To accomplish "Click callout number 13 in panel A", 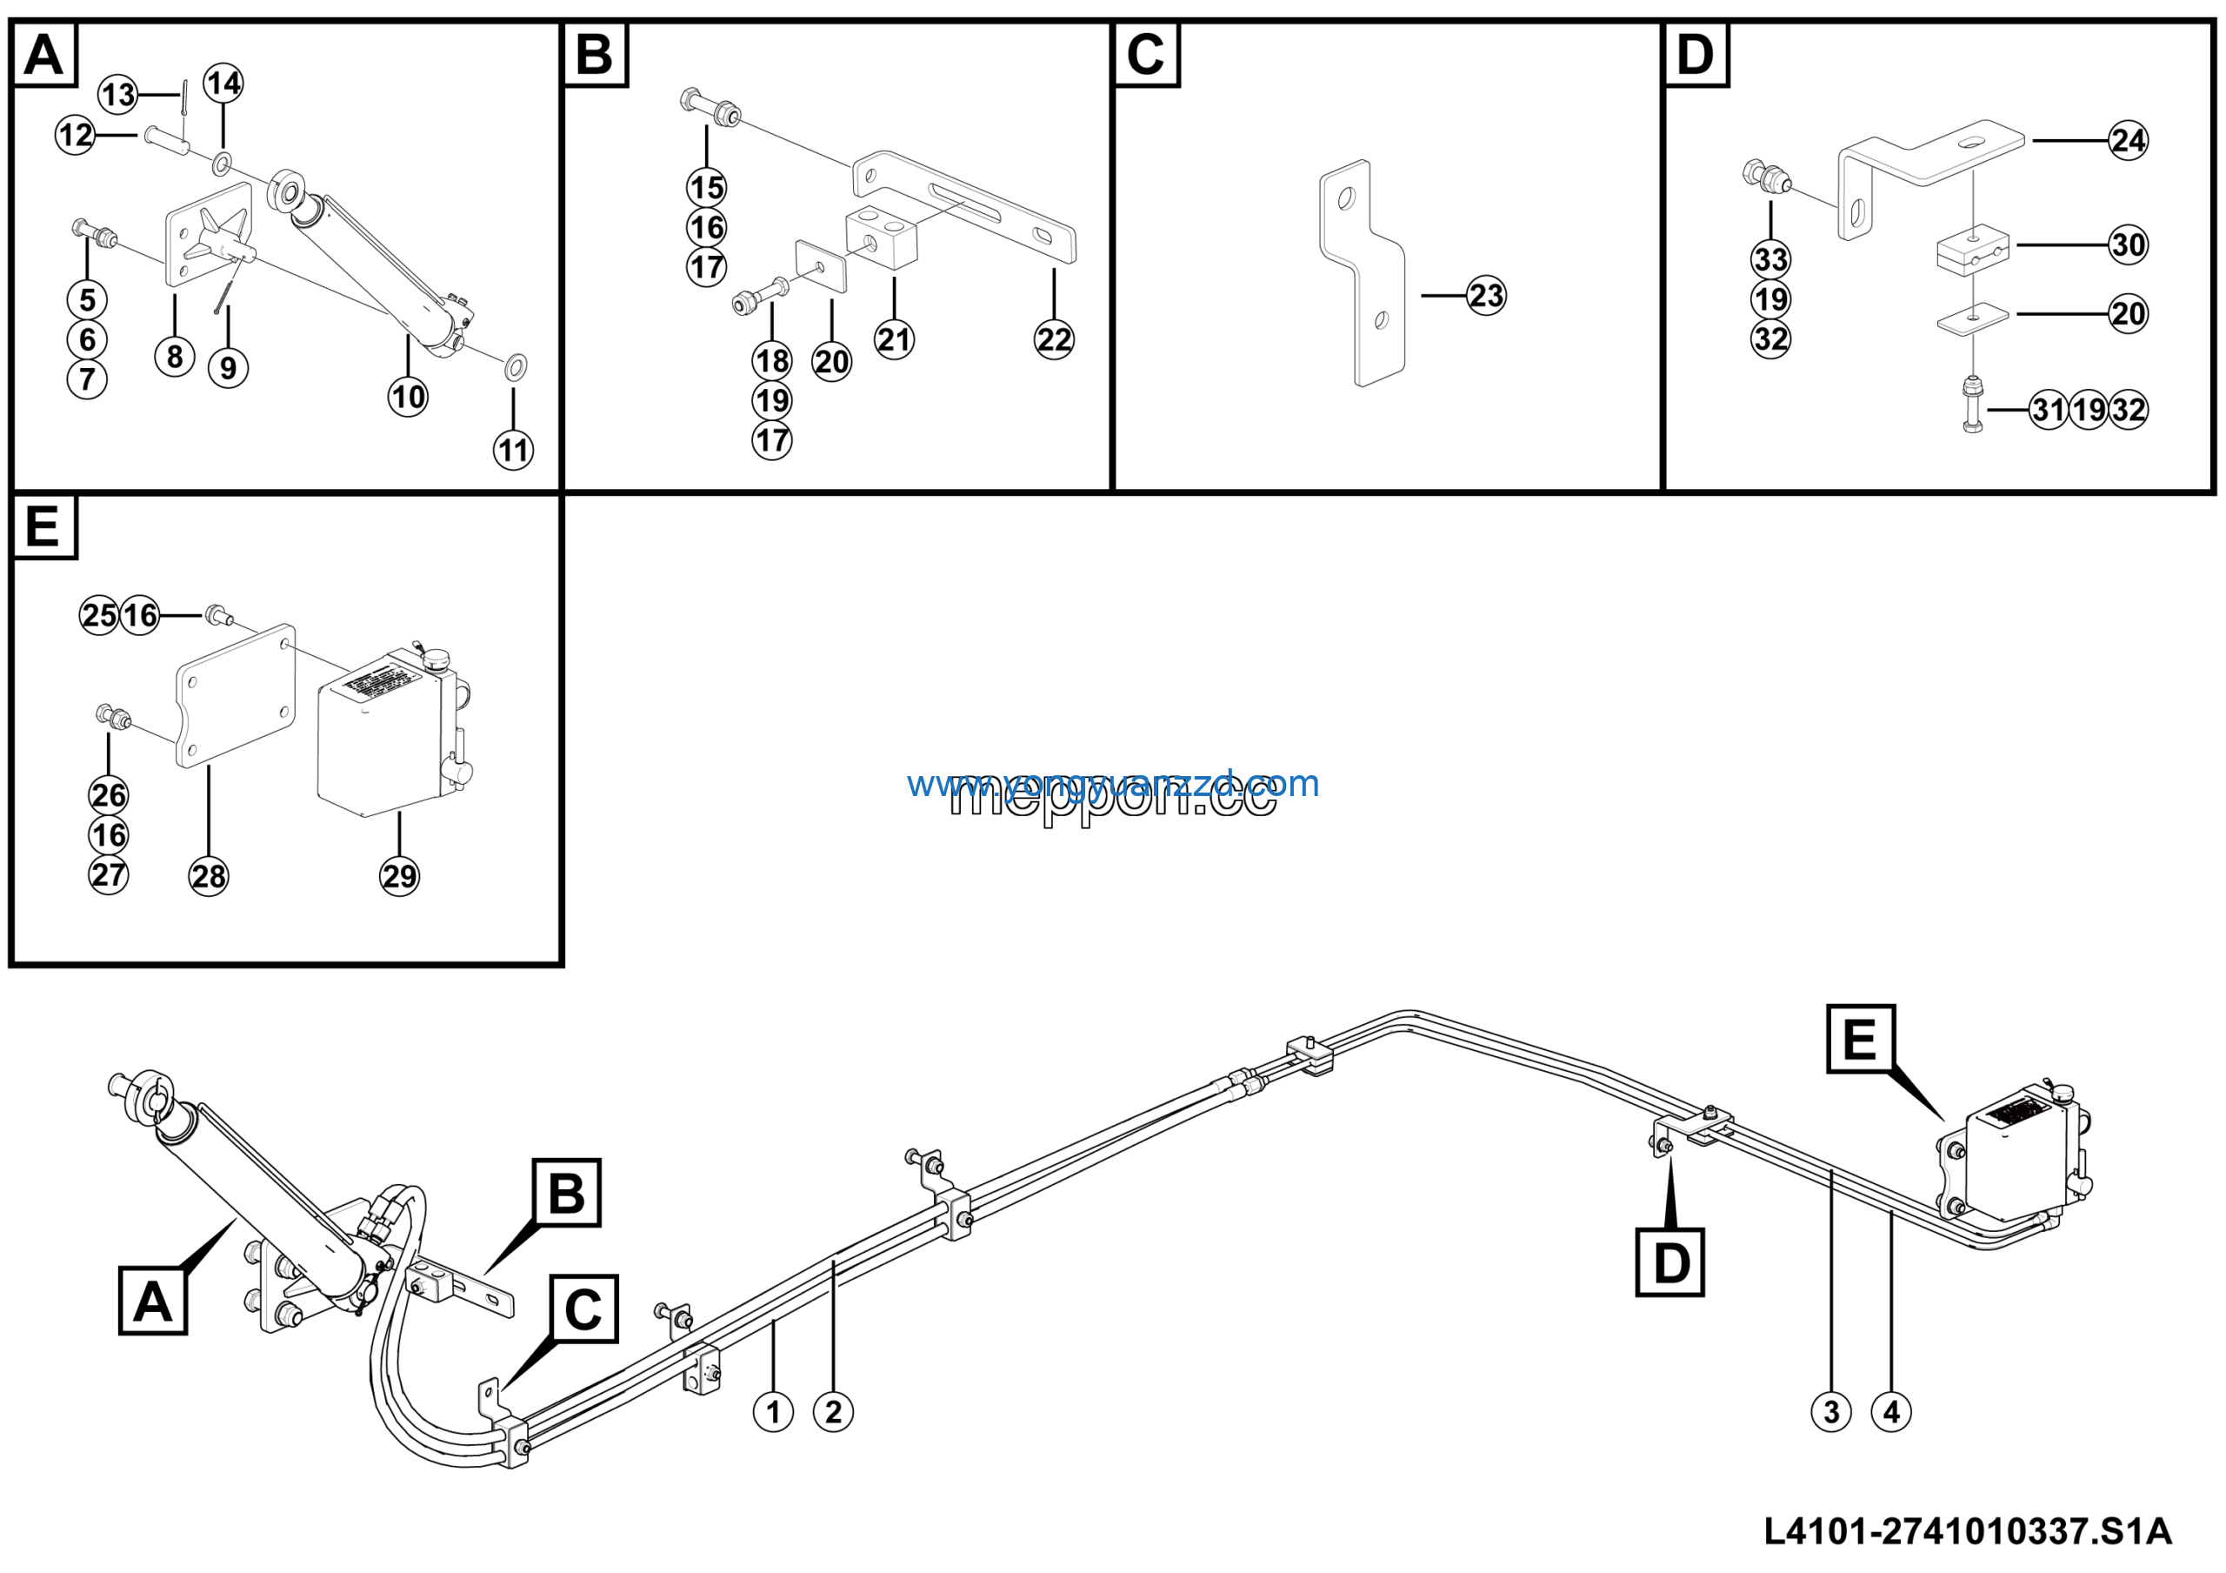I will tap(118, 95).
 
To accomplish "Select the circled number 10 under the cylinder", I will tap(408, 397).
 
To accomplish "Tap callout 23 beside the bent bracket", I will tap(1486, 296).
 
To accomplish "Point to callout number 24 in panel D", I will tap(2128, 141).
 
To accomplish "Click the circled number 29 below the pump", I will tap(399, 877).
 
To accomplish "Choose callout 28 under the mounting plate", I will tap(209, 877).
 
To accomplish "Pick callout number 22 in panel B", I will tap(1054, 339).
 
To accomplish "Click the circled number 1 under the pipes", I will tap(773, 1412).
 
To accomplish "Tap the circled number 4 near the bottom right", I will tap(1891, 1412).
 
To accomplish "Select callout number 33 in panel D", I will tap(1770, 260).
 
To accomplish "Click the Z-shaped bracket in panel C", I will tap(1361, 273).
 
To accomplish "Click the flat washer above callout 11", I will tap(516, 366).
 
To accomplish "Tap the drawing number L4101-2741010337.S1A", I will tap(1967, 1532).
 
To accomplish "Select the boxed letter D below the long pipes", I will tap(1669, 1262).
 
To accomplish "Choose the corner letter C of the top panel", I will tap(1145, 54).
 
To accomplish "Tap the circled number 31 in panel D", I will tap(2049, 411).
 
